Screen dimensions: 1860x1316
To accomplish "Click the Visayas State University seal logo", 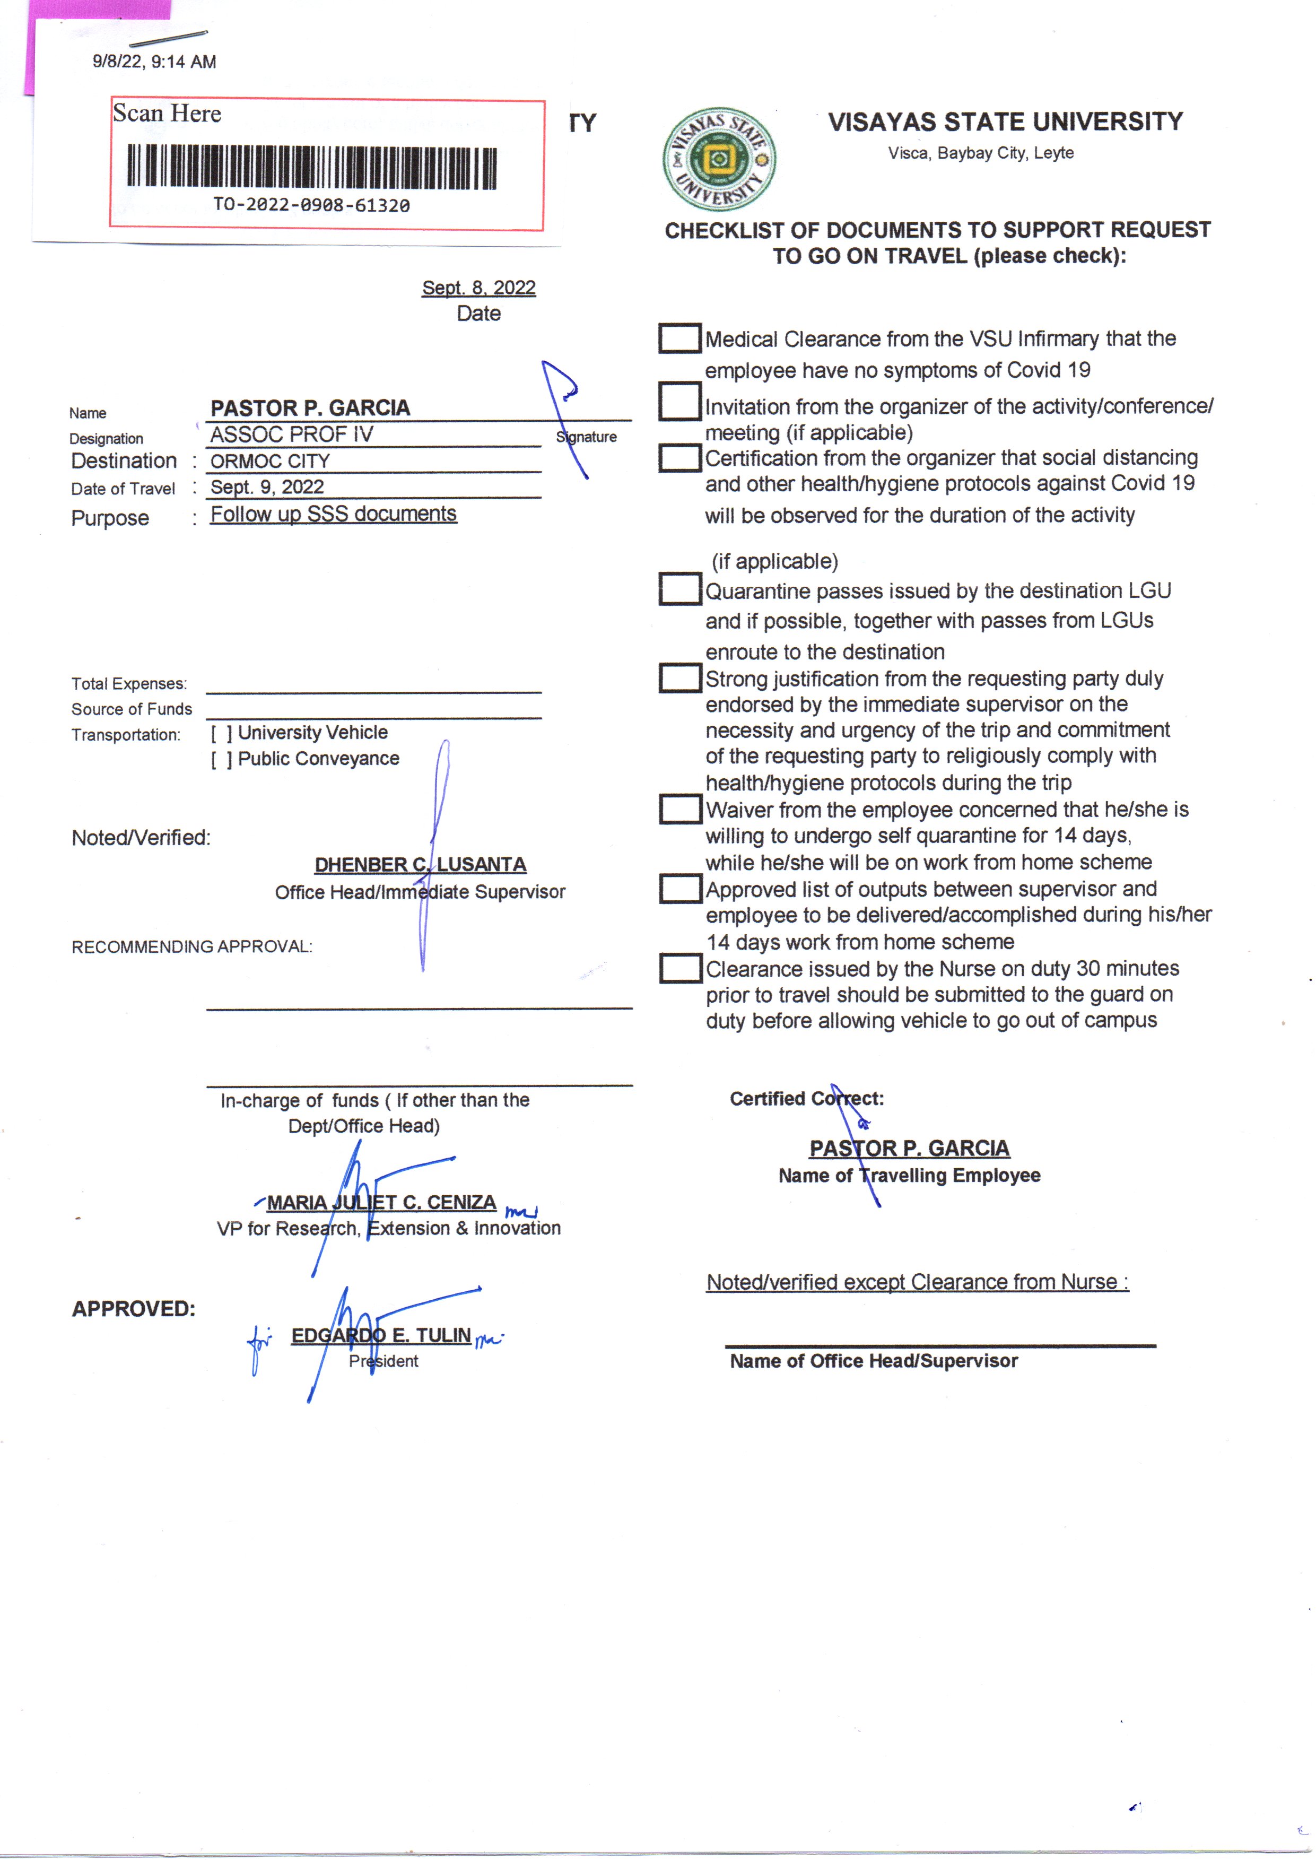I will tap(719, 160).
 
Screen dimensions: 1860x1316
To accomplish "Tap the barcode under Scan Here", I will tap(312, 167).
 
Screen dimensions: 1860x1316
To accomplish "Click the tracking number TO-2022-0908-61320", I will tap(312, 205).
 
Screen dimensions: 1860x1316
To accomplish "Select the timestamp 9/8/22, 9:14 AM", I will tap(154, 62).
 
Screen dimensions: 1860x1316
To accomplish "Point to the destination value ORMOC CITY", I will tap(270, 461).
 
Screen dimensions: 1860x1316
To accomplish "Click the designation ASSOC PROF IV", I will tap(292, 434).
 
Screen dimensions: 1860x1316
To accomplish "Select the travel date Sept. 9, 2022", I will tap(267, 487).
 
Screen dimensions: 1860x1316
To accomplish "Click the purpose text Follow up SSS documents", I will tap(333, 514).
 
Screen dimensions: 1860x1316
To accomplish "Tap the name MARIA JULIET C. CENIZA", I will tap(381, 1203).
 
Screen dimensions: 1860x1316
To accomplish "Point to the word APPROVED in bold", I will tap(134, 1309).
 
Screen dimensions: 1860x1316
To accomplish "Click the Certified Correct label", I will tap(806, 1099).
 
